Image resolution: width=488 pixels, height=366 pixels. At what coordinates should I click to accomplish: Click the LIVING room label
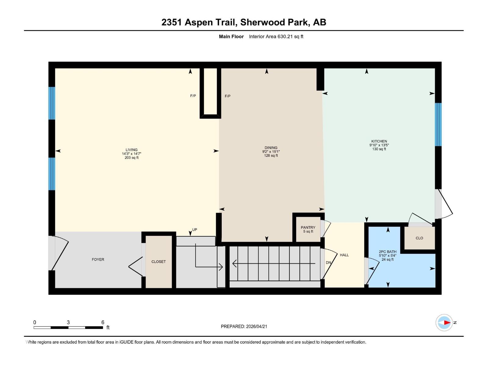[x=131, y=150]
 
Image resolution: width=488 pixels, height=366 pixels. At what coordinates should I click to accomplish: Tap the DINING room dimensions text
[x=271, y=152]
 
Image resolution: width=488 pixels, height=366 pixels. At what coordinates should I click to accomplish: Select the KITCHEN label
[x=379, y=141]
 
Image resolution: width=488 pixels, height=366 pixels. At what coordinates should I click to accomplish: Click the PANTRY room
[x=308, y=229]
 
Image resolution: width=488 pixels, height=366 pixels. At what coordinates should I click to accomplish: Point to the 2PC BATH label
[x=388, y=252]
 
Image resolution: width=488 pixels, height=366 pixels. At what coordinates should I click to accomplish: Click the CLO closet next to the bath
[x=419, y=238]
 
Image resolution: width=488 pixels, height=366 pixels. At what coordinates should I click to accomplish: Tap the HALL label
[x=344, y=255]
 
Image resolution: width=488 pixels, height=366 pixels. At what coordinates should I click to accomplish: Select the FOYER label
[x=98, y=260]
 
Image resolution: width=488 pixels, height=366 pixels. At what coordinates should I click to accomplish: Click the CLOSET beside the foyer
[x=159, y=262]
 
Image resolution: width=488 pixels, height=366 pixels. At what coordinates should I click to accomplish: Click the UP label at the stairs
[x=195, y=230]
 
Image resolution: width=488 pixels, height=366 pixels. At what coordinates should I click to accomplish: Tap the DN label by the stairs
[x=328, y=263]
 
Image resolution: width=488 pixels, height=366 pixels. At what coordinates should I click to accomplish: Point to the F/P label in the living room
[x=193, y=96]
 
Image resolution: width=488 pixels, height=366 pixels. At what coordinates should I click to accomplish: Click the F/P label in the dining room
[x=228, y=96]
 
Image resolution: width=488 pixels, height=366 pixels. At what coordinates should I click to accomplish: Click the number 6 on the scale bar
[x=103, y=322]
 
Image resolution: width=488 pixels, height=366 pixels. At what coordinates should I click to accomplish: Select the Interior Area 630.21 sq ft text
[x=276, y=37]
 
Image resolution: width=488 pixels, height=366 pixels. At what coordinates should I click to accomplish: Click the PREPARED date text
[x=244, y=326]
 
